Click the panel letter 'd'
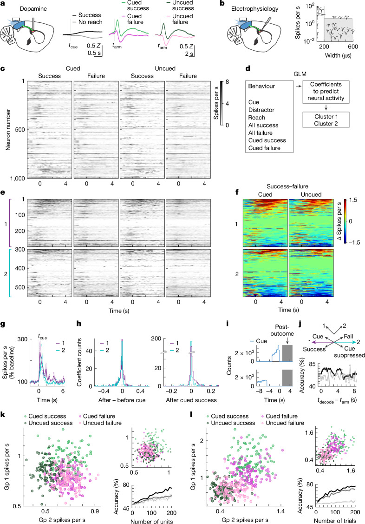click(x=248, y=68)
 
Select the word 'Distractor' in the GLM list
click(x=261, y=110)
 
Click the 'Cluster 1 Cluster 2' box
click(x=326, y=120)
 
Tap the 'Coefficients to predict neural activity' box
click(x=326, y=92)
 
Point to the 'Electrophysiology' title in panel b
click(x=255, y=9)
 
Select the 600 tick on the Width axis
click(x=353, y=46)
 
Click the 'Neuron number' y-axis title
click(x=8, y=129)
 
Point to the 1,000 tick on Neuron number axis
click(x=17, y=179)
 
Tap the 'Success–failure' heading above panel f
click(x=287, y=186)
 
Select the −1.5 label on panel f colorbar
click(x=354, y=243)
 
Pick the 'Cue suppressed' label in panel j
click(x=349, y=352)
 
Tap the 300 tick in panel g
click(x=23, y=339)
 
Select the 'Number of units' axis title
click(x=151, y=521)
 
